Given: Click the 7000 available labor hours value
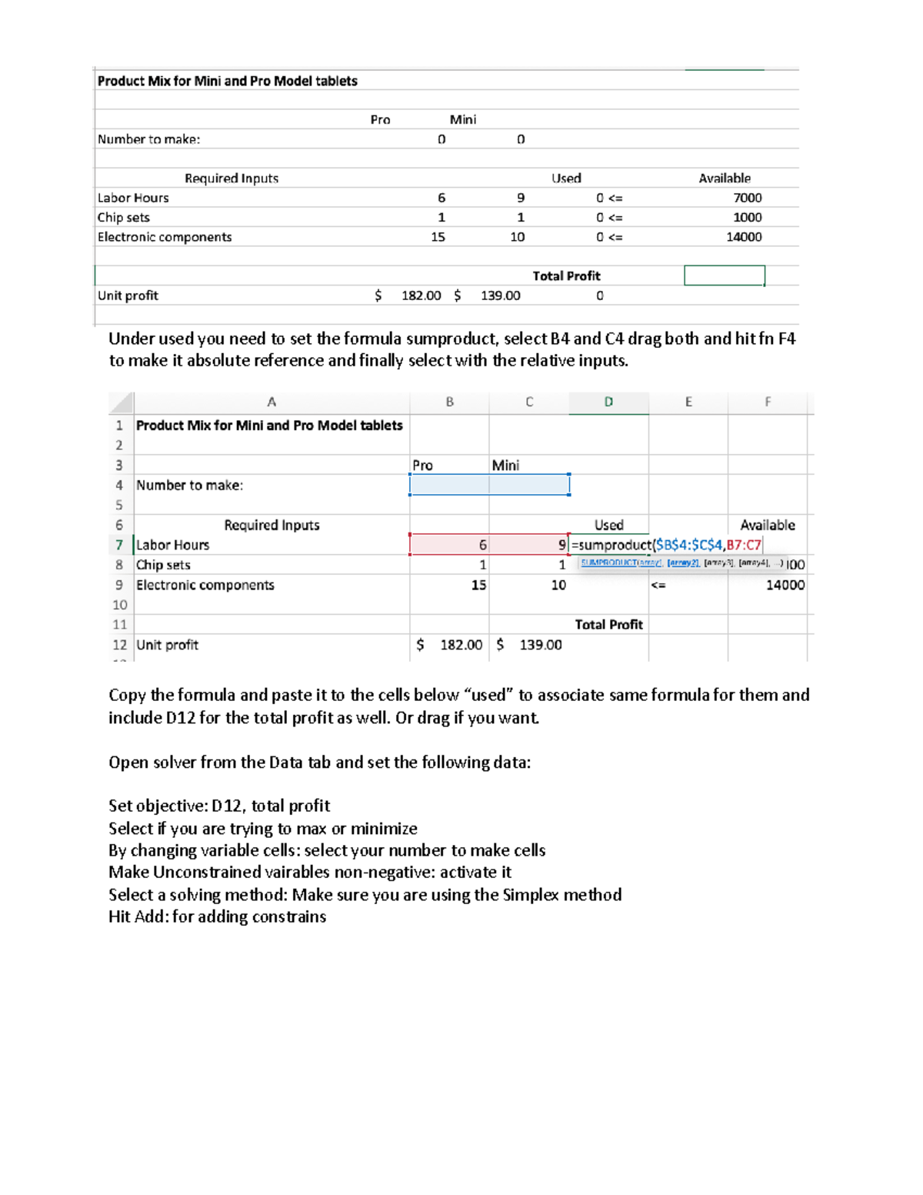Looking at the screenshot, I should [746, 198].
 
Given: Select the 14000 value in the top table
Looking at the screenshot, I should [744, 237].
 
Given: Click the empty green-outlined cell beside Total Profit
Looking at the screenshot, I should [724, 275].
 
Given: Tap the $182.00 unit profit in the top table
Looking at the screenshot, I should [421, 295].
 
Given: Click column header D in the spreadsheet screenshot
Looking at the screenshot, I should [608, 402].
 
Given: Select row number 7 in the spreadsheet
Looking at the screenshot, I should [119, 545].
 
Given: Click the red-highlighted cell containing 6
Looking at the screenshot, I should [450, 545].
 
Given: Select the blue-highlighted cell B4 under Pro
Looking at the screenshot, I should [449, 485].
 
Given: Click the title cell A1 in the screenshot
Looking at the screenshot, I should [269, 426].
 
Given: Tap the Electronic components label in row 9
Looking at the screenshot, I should [205, 585].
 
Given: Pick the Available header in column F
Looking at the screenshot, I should [767, 525].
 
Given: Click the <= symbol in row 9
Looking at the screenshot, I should [658, 586].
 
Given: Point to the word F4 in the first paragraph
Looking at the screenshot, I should [786, 339].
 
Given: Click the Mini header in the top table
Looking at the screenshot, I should [463, 119].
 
